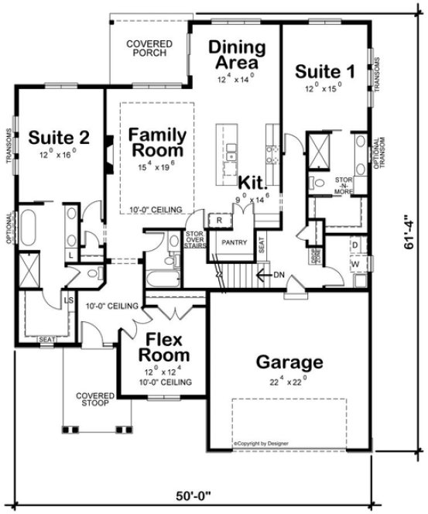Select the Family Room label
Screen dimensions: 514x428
(x=156, y=141)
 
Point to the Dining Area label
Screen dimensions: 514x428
(x=237, y=54)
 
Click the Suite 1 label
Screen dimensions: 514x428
(x=326, y=72)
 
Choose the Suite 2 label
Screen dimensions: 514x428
(x=60, y=138)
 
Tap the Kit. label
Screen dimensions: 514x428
(x=252, y=183)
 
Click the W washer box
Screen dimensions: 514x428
(x=354, y=263)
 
